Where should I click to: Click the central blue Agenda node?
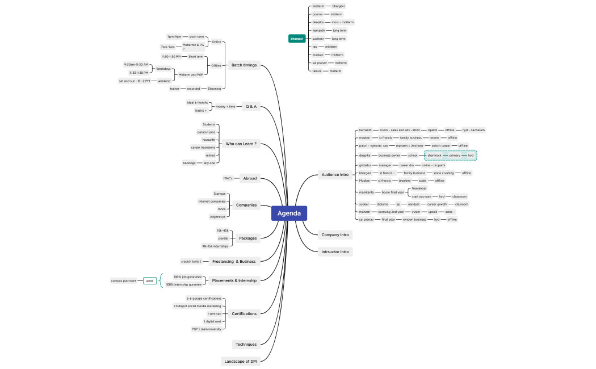pyautogui.click(x=289, y=213)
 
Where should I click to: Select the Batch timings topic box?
pyautogui.click(x=244, y=65)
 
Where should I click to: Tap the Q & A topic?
pyautogui.click(x=250, y=106)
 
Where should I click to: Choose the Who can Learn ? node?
pyautogui.click(x=241, y=144)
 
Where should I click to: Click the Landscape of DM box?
pyautogui.click(x=240, y=361)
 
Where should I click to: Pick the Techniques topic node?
pyautogui.click(x=246, y=344)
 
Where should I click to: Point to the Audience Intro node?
pyautogui.click(x=334, y=174)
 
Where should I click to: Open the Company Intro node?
pyautogui.click(x=335, y=234)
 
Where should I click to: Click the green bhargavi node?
pyautogui.click(x=297, y=39)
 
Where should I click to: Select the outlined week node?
pyautogui.click(x=150, y=280)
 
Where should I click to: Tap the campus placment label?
pyautogui.click(x=124, y=280)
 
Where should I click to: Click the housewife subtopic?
pyautogui.click(x=209, y=140)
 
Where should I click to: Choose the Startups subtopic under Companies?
pyautogui.click(x=219, y=194)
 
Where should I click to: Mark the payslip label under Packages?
pyautogui.click(x=223, y=238)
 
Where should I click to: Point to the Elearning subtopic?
pyautogui.click(x=215, y=89)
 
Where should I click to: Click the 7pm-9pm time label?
pyautogui.click(x=174, y=36)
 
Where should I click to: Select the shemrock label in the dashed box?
pyautogui.click(x=434, y=155)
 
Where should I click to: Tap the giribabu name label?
pyautogui.click(x=365, y=165)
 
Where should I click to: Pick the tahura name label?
pyautogui.click(x=317, y=71)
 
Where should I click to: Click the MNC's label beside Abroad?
pyautogui.click(x=228, y=178)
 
